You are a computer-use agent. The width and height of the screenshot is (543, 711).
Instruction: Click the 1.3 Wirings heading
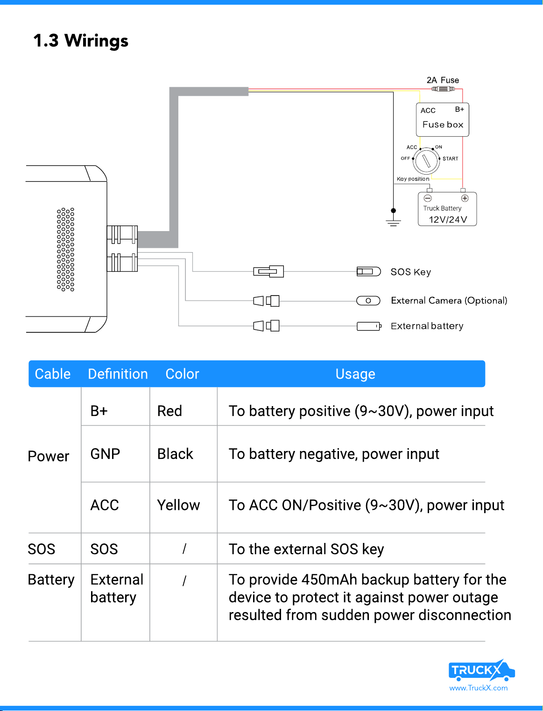point(81,41)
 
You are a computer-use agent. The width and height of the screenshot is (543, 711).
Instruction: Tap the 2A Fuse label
point(443,80)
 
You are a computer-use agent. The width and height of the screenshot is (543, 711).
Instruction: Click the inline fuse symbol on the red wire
point(443,89)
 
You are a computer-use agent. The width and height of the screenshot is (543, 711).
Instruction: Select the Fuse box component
point(442,120)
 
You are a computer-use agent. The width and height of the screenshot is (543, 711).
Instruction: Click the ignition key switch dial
point(426,161)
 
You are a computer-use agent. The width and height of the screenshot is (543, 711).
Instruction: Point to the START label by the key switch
point(450,159)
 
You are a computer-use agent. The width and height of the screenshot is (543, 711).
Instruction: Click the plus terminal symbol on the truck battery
point(465,198)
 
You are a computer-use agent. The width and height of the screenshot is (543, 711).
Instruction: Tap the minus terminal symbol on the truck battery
point(428,198)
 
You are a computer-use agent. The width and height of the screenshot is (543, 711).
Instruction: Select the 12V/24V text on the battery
point(448,219)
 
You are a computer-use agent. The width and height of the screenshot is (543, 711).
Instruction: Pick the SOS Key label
point(410,272)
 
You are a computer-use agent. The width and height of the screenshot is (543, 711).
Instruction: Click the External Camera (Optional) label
point(449,301)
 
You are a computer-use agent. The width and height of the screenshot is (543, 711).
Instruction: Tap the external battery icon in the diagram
point(369,326)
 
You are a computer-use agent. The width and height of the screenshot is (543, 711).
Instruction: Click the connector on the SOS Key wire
point(268,271)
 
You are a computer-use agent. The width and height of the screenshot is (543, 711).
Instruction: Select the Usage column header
point(355,374)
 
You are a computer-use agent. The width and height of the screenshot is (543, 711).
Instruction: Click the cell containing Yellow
point(178,505)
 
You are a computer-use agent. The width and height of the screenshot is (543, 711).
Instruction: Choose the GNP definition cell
point(105,454)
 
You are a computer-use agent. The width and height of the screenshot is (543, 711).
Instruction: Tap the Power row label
point(48,456)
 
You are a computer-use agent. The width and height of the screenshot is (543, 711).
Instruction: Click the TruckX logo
point(481,670)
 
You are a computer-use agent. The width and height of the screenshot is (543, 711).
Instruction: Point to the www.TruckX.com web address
point(478,688)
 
